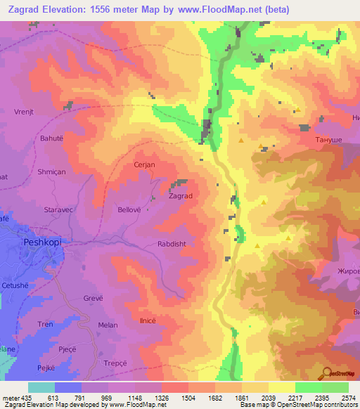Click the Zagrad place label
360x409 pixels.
[180, 196]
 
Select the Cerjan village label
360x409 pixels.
[144, 164]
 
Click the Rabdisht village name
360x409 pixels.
[172, 245]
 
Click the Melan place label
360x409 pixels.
[108, 325]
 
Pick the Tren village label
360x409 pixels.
[45, 324]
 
